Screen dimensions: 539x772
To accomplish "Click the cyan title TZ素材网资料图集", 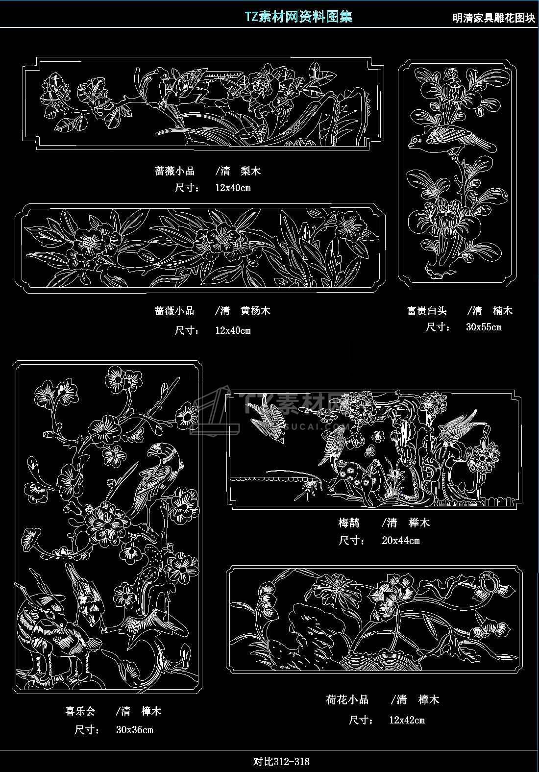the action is [x=298, y=17].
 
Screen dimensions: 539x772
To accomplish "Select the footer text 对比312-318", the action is [x=281, y=761].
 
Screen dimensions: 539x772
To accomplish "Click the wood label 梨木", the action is [x=250, y=171].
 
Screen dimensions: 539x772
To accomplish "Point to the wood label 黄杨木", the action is [x=255, y=311].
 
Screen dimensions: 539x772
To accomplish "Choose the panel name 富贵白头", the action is [x=427, y=311].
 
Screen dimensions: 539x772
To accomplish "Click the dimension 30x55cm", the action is [x=484, y=327].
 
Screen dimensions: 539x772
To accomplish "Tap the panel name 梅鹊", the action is [x=348, y=523].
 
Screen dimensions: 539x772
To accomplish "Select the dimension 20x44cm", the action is [x=400, y=540].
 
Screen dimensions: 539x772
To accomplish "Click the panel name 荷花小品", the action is [x=347, y=699].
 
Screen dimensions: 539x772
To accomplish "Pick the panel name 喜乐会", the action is [x=80, y=711].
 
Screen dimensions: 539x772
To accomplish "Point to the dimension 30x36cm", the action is [x=134, y=730].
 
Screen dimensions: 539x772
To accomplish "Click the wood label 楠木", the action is [x=502, y=311].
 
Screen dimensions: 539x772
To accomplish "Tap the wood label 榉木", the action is [x=419, y=523].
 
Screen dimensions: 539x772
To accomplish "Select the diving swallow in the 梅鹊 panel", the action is [x=267, y=419].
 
